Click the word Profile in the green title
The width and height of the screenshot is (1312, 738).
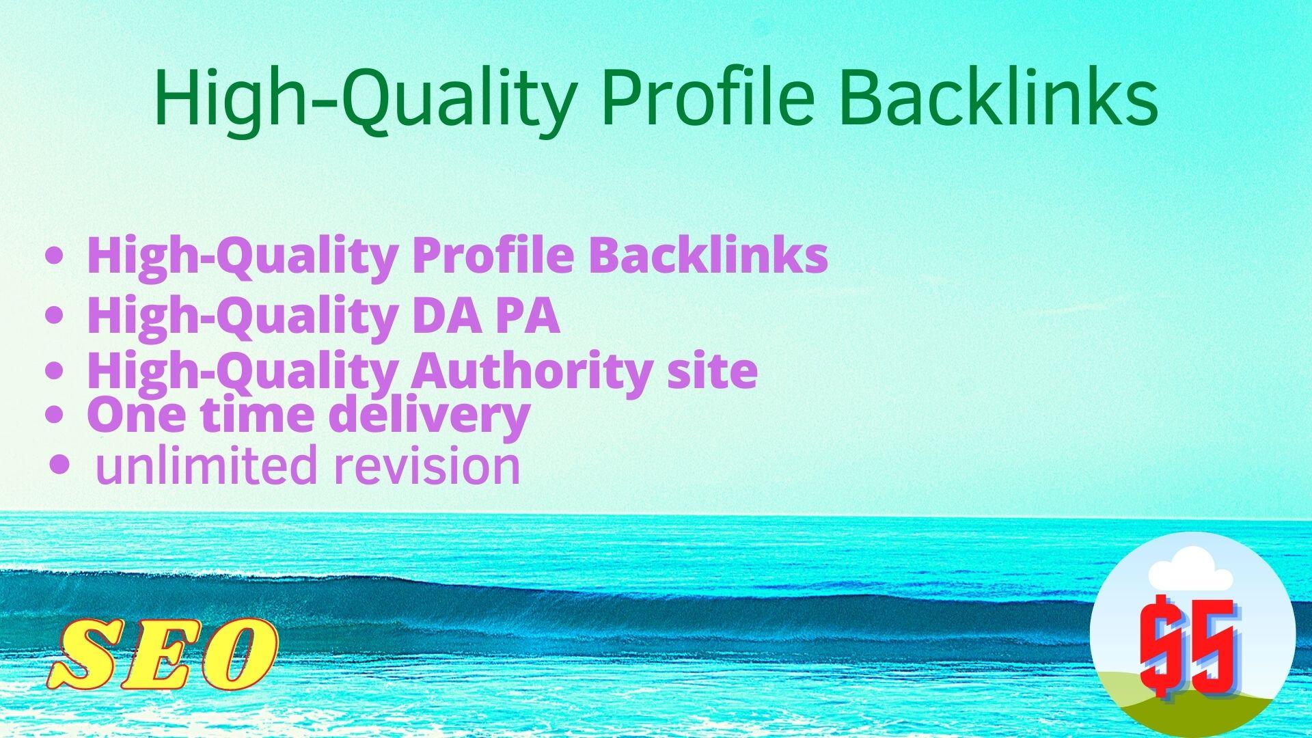coord(708,98)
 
